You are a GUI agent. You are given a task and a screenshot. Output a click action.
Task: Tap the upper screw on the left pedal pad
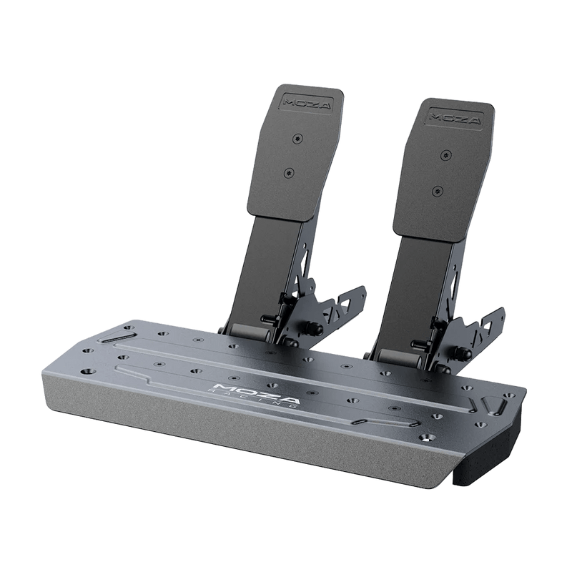tap(298, 139)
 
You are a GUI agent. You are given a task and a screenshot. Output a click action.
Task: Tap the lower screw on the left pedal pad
tap(289, 172)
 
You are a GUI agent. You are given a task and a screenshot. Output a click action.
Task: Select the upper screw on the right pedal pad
tap(445, 154)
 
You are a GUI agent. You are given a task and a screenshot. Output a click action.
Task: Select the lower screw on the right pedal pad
tap(437, 190)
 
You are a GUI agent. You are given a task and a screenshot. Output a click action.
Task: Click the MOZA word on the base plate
tap(257, 393)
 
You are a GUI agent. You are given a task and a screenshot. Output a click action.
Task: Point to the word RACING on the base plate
tap(251, 399)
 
